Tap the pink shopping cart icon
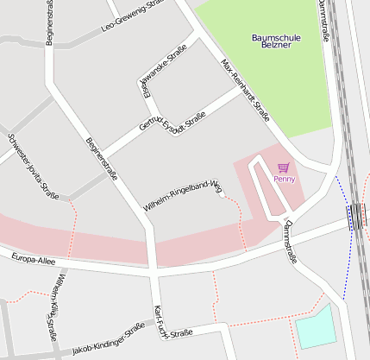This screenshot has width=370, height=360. click(284, 167)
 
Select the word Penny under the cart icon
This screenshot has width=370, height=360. click(284, 179)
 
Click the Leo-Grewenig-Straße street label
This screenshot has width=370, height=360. click(132, 16)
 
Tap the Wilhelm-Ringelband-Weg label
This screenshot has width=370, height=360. click(182, 196)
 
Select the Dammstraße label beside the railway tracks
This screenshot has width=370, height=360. click(323, 21)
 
